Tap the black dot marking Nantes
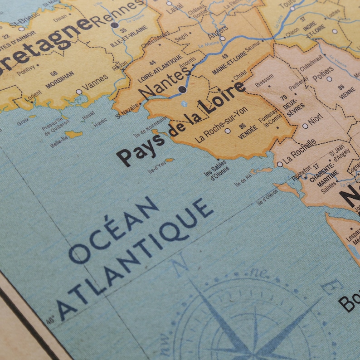coord(182,90)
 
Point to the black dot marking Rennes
coord(115,25)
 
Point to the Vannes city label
coord(96,83)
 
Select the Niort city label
coord(316,120)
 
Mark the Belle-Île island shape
coord(73,134)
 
